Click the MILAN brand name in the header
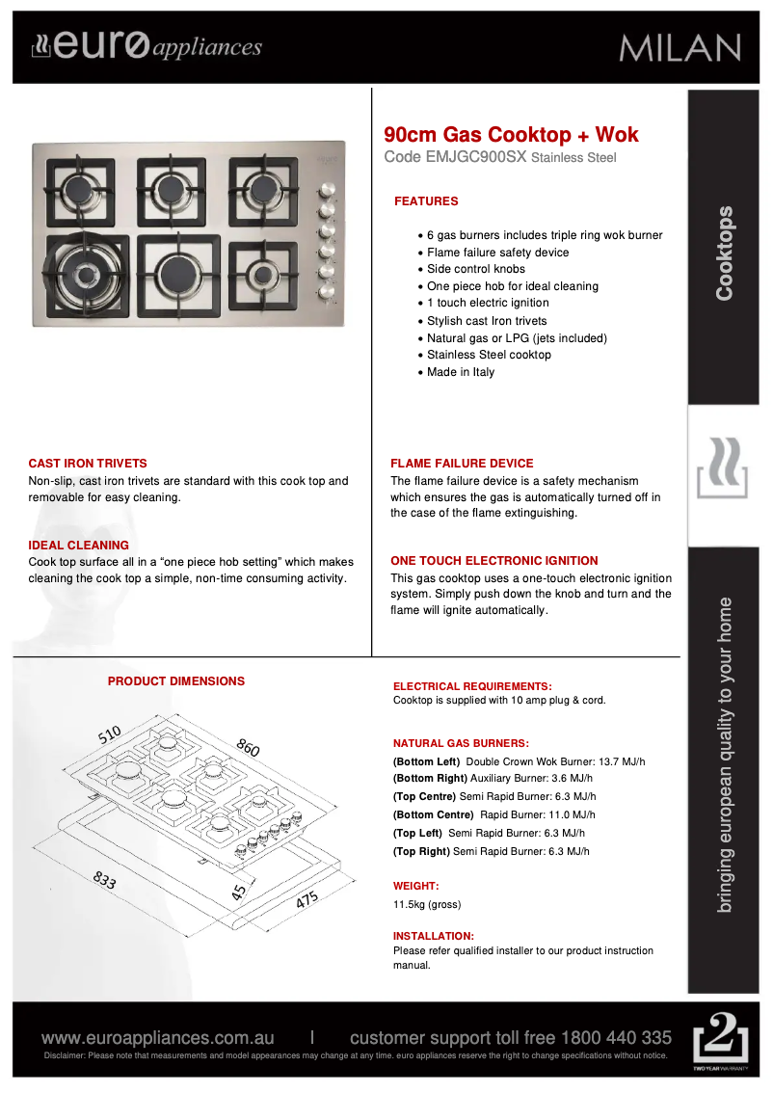(680, 47)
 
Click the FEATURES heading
(426, 201)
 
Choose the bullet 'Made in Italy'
(461, 372)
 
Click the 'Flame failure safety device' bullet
(497, 253)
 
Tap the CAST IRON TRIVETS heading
(88, 464)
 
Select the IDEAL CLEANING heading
(78, 546)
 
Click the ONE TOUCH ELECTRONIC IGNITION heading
(494, 561)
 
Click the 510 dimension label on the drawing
(109, 734)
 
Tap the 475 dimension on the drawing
(307, 901)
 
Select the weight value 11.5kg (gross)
(427, 905)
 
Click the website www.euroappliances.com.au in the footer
(157, 1038)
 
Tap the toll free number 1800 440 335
(616, 1038)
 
